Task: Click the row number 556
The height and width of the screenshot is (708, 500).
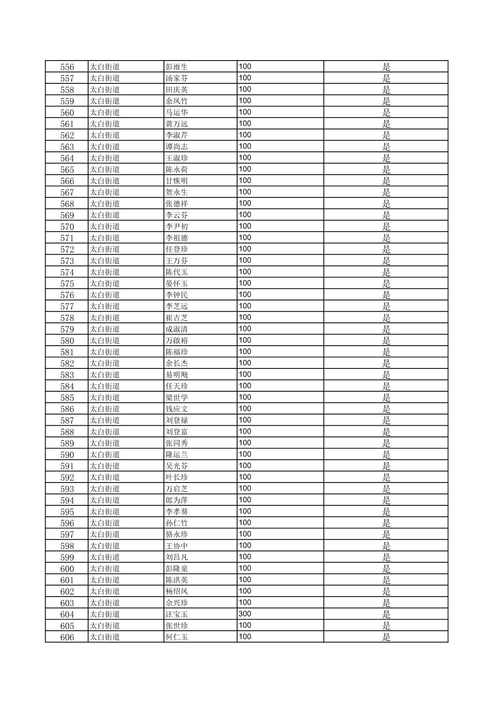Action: [x=67, y=67]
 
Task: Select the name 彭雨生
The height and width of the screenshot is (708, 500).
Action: [x=177, y=67]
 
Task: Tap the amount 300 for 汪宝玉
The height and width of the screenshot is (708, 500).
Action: [x=245, y=614]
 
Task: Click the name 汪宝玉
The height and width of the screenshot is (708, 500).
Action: [x=177, y=614]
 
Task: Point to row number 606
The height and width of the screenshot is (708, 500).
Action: [x=67, y=637]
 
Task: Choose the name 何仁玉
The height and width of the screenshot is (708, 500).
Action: [x=177, y=637]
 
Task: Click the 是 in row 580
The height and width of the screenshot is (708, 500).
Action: [x=386, y=340]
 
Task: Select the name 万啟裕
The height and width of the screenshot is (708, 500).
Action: [x=177, y=340]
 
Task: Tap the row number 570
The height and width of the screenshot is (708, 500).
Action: [x=67, y=227]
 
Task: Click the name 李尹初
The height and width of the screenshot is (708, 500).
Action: [x=177, y=227]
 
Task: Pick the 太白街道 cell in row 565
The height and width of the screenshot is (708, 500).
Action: [x=105, y=170]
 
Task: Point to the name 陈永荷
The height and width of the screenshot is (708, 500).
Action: [x=177, y=170]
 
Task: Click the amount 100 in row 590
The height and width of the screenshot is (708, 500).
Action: [x=245, y=454]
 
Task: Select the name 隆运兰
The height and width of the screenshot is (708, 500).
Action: [x=177, y=455]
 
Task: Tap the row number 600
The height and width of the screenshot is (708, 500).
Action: [x=67, y=569]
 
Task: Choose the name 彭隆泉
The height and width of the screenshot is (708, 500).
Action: [x=177, y=569]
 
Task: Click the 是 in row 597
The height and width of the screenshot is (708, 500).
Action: [x=386, y=534]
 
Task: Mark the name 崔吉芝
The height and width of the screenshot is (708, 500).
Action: [x=177, y=318]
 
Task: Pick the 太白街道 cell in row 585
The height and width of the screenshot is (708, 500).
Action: [x=105, y=398]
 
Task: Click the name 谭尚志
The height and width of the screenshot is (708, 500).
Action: [x=177, y=147]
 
